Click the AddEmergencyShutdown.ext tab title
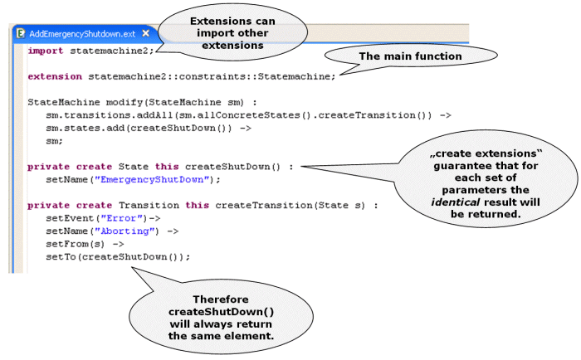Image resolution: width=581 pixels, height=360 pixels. [x=82, y=34]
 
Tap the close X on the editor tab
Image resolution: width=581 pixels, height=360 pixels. [x=146, y=33]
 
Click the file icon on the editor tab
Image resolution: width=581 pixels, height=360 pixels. [x=21, y=33]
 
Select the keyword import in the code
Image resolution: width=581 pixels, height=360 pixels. [x=46, y=51]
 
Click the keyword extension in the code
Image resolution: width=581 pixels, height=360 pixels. [x=55, y=76]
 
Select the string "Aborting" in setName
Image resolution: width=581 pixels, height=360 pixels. [x=124, y=231]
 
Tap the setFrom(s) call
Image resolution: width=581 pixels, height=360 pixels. [x=76, y=244]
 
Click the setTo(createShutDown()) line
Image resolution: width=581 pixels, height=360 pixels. [x=118, y=257]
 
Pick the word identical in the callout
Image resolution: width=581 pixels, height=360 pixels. [x=456, y=202]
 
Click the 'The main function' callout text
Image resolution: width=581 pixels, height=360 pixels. [x=410, y=56]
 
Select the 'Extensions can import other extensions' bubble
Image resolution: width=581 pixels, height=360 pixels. [x=232, y=33]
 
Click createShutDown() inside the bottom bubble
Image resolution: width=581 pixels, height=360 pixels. [x=222, y=312]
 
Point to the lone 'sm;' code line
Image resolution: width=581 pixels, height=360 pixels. [x=55, y=141]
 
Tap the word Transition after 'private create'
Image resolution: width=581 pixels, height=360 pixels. [x=149, y=205]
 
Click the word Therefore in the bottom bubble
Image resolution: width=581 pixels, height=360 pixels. [x=221, y=299]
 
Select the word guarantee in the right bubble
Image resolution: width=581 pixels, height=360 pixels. [x=460, y=166]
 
